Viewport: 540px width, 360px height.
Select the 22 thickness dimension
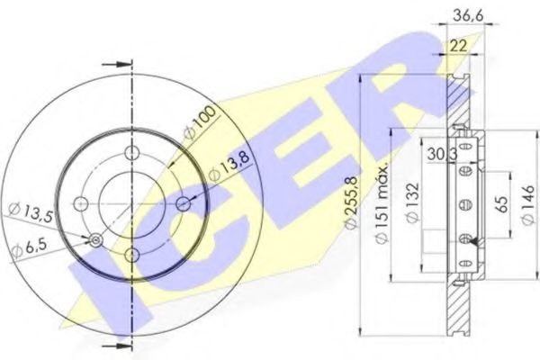[x=459, y=43]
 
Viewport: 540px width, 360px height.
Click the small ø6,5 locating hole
[x=95, y=240]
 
